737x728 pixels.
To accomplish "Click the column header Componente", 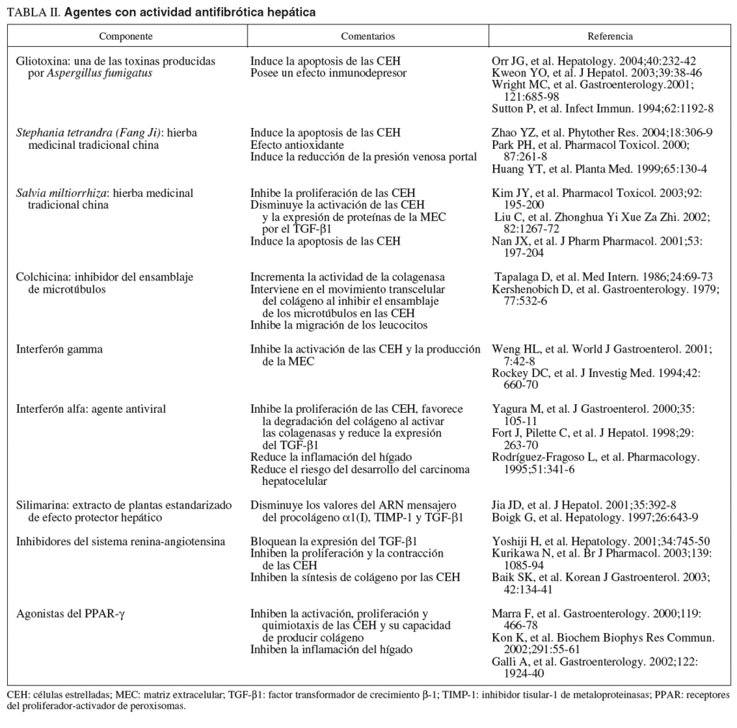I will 126,36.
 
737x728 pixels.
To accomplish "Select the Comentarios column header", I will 367,36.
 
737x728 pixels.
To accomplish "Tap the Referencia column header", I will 610,36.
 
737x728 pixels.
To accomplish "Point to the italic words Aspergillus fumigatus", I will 100,73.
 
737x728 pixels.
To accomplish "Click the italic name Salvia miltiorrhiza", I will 61,194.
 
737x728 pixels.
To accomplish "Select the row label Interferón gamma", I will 60,350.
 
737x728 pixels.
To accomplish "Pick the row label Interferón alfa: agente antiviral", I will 91,409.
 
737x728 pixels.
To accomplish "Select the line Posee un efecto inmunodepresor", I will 328,73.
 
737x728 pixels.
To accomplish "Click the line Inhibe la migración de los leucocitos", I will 339,325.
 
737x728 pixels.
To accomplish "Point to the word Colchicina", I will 40,277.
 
